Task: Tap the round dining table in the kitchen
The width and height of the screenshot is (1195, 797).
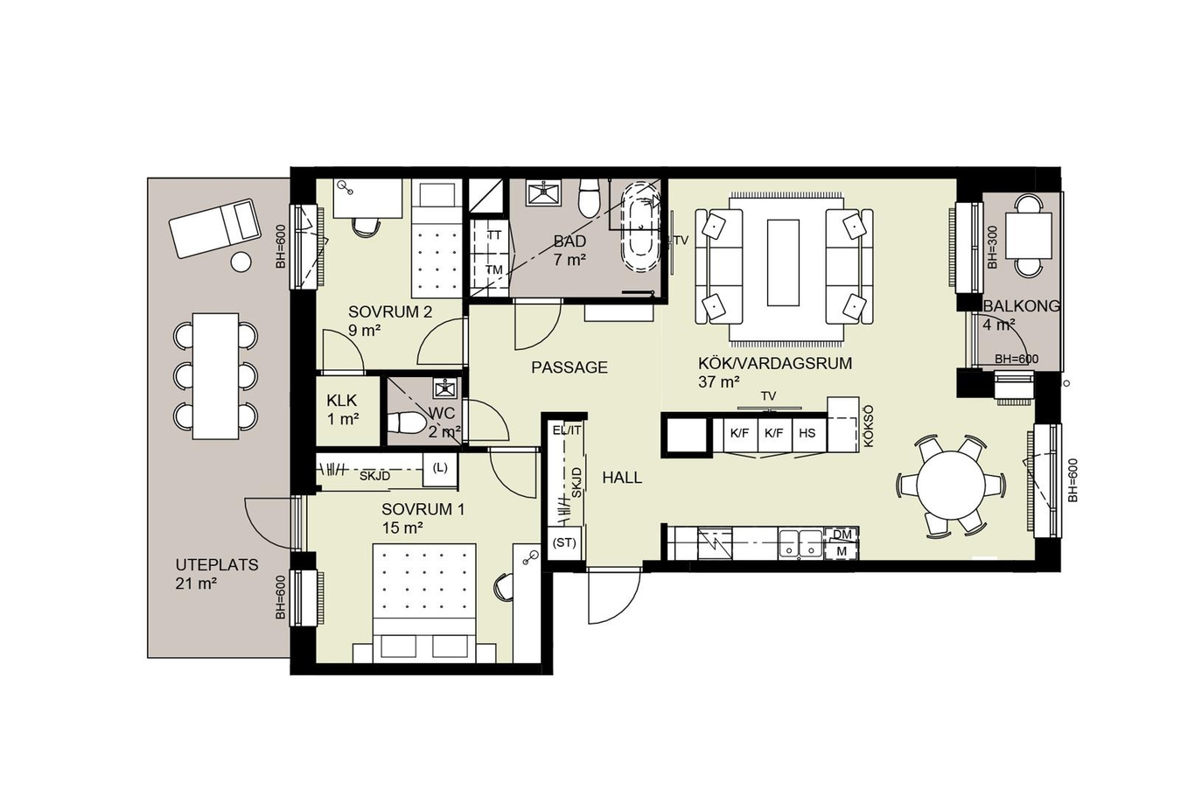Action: [951, 485]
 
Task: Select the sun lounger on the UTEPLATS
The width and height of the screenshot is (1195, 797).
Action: [215, 229]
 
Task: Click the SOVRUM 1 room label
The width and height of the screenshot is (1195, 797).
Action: [423, 509]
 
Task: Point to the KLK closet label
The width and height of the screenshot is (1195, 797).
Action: [342, 400]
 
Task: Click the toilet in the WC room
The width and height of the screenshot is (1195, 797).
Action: [406, 424]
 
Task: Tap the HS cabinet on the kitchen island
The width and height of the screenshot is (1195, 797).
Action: [807, 434]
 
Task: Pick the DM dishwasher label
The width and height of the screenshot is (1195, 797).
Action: [842, 534]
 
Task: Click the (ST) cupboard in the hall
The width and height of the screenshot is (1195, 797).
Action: [564, 543]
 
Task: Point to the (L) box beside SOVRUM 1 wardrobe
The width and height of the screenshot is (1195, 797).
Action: [439, 469]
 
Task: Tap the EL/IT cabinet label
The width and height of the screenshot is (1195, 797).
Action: [567, 430]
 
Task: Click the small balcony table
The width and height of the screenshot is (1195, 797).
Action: [1029, 235]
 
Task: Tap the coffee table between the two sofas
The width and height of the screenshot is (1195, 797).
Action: [783, 262]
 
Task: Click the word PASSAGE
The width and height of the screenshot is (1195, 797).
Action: [570, 367]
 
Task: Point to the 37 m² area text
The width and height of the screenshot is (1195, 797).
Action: [718, 382]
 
